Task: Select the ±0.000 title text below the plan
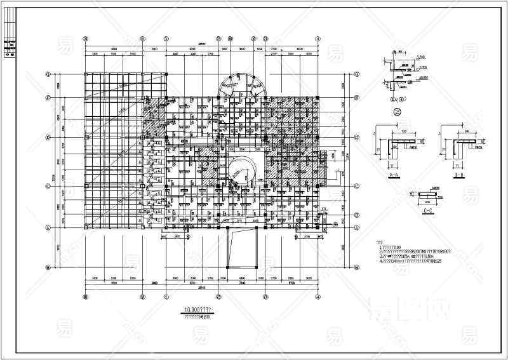198,309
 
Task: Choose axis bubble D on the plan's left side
48,98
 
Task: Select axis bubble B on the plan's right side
357,187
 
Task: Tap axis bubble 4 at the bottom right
317,296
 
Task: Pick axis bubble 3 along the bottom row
265,296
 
